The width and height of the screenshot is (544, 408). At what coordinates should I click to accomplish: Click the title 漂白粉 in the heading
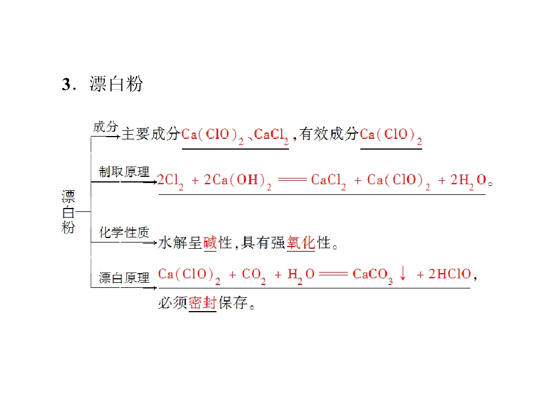116,84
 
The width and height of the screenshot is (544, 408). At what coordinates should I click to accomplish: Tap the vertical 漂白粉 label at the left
68,212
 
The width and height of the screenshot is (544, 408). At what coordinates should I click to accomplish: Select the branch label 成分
105,127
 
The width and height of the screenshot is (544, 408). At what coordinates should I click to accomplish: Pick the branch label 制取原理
124,172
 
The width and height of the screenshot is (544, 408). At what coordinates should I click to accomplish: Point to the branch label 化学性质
124,232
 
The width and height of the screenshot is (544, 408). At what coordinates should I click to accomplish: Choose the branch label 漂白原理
124,278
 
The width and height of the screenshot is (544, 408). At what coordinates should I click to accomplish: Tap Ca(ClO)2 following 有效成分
391,135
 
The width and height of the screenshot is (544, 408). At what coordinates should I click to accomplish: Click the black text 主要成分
151,134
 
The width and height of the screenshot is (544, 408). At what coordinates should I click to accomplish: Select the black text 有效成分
329,134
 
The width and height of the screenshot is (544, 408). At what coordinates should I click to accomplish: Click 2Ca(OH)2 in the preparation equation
237,181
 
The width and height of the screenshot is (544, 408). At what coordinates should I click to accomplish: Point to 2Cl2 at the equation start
171,181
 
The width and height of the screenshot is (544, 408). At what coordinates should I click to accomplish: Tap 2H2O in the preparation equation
469,181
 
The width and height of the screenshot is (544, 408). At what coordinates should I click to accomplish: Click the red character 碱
210,243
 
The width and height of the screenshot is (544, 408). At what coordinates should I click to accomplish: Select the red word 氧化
301,243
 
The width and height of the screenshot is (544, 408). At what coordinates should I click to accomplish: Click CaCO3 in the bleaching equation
373,275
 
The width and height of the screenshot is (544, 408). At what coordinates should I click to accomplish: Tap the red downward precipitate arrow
403,273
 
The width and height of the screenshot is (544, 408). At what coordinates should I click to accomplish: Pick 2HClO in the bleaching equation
449,274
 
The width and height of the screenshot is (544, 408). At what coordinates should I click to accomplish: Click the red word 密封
203,303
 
